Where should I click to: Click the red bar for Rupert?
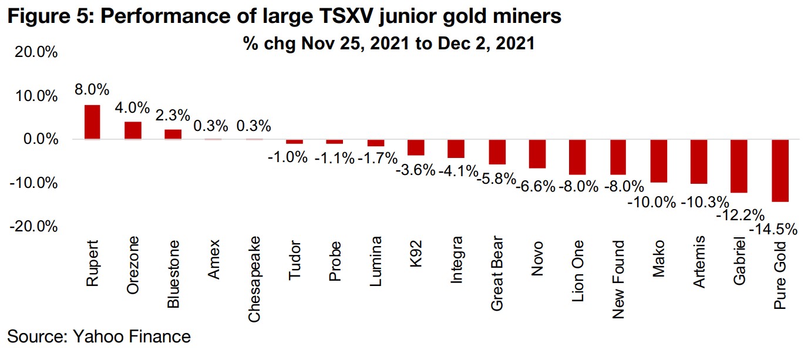pyautogui.click(x=92, y=122)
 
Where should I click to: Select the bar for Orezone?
pyautogui.click(x=133, y=131)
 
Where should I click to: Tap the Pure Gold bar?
pyautogui.click(x=780, y=170)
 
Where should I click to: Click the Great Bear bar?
pyautogui.click(x=497, y=152)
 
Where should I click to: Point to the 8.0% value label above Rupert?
pyautogui.click(x=92, y=90)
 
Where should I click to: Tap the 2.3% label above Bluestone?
pyautogui.click(x=173, y=115)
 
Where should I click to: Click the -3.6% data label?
pyautogui.click(x=416, y=170)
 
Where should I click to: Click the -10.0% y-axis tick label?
pyautogui.click(x=33, y=183)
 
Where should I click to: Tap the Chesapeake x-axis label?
pyautogui.click(x=254, y=279)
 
